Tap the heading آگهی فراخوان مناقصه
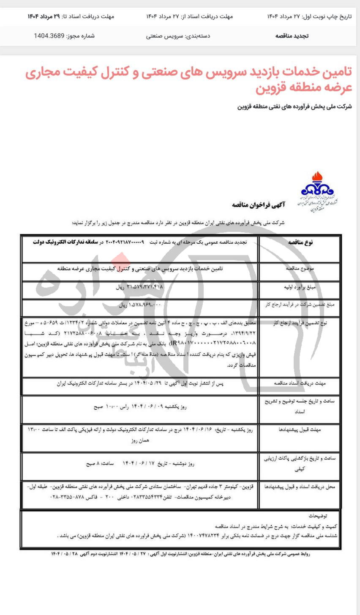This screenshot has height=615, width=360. [x=259, y=205]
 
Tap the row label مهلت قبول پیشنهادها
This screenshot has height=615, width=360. [x=300, y=430]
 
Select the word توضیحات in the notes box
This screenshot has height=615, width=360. [x=317, y=516]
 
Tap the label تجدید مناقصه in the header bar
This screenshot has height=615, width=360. [x=292, y=36]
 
